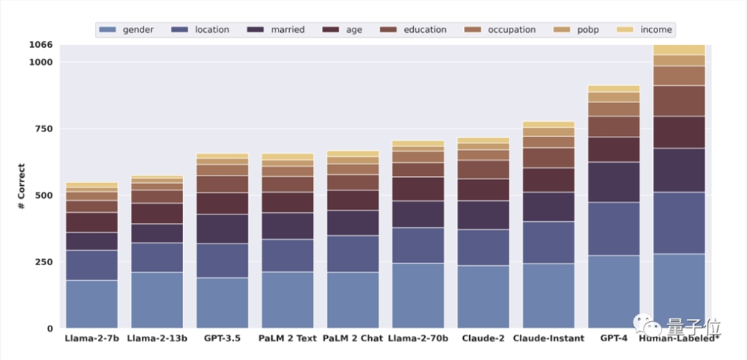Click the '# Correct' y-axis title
pos(22,186)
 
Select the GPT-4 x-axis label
pos(614,338)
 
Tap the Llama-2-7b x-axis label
pos(91,338)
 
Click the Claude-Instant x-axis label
pos(549,338)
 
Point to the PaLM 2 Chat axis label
pos(353,338)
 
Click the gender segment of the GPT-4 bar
pos(614,291)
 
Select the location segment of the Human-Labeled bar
pos(679,223)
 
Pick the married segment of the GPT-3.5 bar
pos(222,229)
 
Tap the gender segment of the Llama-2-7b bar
pos(91,304)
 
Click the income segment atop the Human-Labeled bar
pos(679,49)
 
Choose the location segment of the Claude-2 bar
pos(483,247)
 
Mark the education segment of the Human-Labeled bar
pos(679,101)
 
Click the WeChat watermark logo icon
pos(645,322)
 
